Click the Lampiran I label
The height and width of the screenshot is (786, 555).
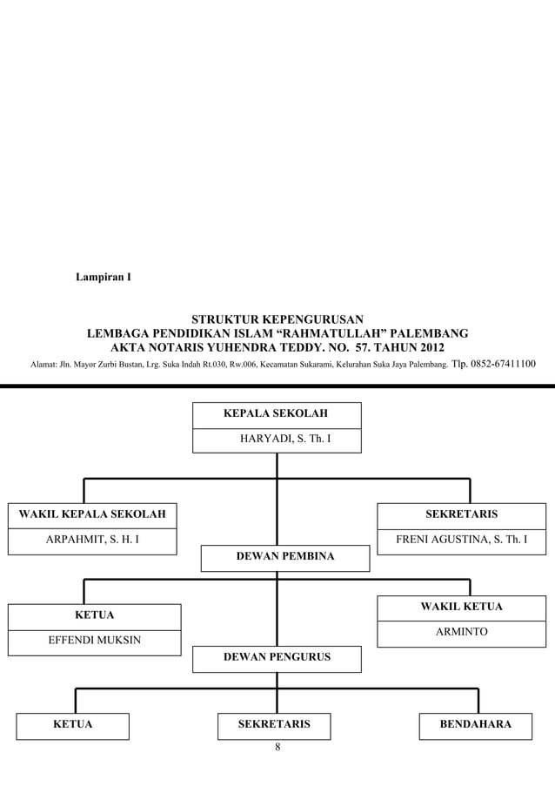102,279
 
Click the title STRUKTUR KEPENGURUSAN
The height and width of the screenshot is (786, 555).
277,318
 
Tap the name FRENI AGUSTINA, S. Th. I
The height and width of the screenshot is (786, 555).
461,541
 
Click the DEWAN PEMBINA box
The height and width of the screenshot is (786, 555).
284,557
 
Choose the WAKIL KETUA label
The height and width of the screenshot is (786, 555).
461,606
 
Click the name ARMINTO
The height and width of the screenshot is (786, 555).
461,632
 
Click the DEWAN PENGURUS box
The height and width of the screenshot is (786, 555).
277,658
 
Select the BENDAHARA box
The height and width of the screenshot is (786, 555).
475,725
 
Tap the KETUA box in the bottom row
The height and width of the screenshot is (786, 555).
73,725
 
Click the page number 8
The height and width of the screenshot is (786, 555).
277,747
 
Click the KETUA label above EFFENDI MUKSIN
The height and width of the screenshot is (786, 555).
95,615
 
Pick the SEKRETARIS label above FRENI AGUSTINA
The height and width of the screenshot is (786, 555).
461,514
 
